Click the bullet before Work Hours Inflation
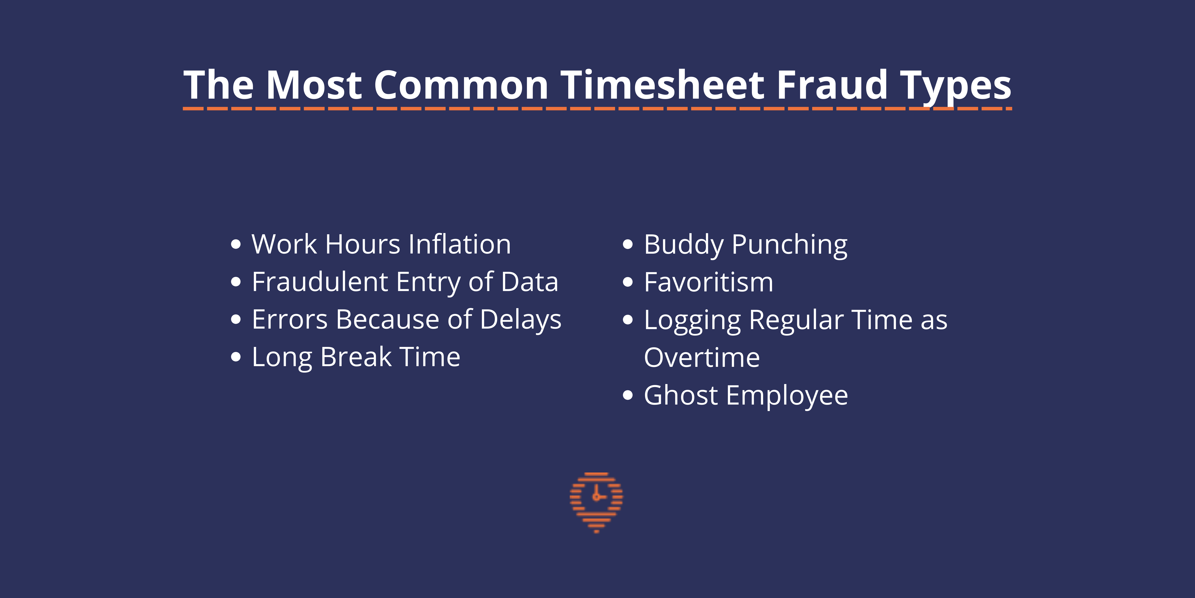[x=236, y=244]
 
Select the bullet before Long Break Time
[x=236, y=357]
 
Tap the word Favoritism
[x=708, y=282]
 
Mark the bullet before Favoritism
[x=628, y=282]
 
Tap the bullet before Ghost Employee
[x=628, y=395]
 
